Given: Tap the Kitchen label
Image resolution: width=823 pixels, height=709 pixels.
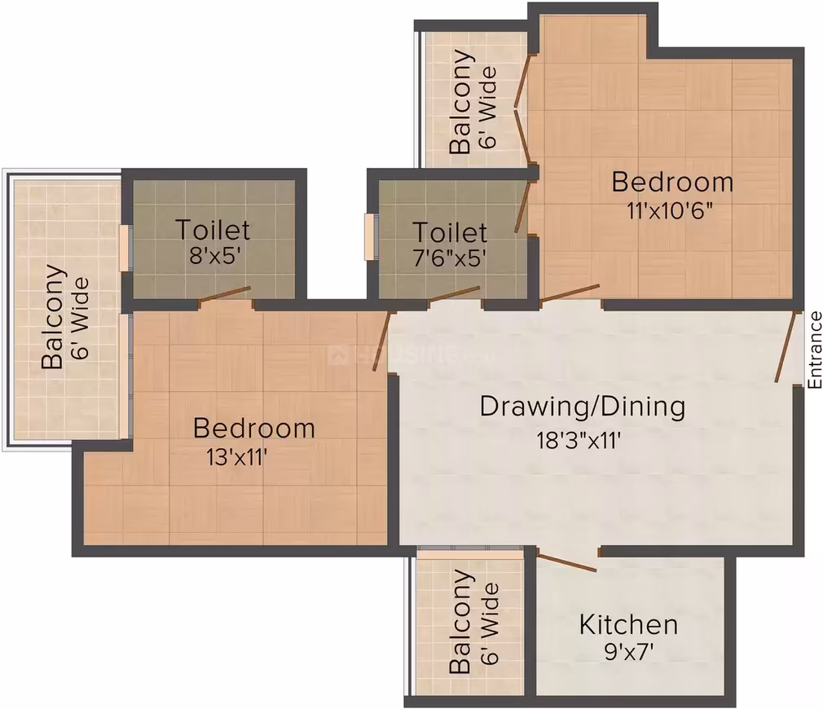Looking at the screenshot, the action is (x=628, y=624).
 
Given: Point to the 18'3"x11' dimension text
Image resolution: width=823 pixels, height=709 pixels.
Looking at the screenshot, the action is (x=579, y=440).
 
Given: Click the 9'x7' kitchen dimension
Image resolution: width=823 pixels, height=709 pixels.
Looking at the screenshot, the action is (x=629, y=652).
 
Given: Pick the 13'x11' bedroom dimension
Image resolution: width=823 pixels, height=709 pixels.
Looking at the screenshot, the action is (x=238, y=458).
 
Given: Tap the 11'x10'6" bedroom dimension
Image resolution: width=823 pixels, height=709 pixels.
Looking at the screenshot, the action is (x=670, y=211).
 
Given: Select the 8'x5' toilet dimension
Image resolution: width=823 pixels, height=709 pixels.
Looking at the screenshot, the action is (x=214, y=256).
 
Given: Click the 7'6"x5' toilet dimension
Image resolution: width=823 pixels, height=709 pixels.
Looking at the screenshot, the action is (x=449, y=258).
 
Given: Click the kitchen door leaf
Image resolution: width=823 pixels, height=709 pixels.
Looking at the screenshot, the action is (x=566, y=562).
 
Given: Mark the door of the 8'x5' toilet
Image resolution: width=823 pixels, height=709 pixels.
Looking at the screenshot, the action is (x=225, y=295).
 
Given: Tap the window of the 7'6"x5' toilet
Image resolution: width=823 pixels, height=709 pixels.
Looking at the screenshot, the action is (x=371, y=236).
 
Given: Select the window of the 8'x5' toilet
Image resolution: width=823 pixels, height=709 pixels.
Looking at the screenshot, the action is (x=125, y=248).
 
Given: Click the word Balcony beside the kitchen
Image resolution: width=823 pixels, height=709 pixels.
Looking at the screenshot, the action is (x=461, y=621).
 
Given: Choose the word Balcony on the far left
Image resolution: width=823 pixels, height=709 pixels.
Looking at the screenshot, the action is (x=53, y=317).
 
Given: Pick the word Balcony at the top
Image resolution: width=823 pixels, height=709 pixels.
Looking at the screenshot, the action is (x=461, y=101).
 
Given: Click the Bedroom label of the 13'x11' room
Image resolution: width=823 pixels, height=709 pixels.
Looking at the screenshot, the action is (x=254, y=428).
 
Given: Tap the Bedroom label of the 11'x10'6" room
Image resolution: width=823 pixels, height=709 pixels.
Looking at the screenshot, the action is (x=672, y=182).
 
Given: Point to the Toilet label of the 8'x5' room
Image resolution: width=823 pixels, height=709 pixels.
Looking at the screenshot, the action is (x=213, y=230).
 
